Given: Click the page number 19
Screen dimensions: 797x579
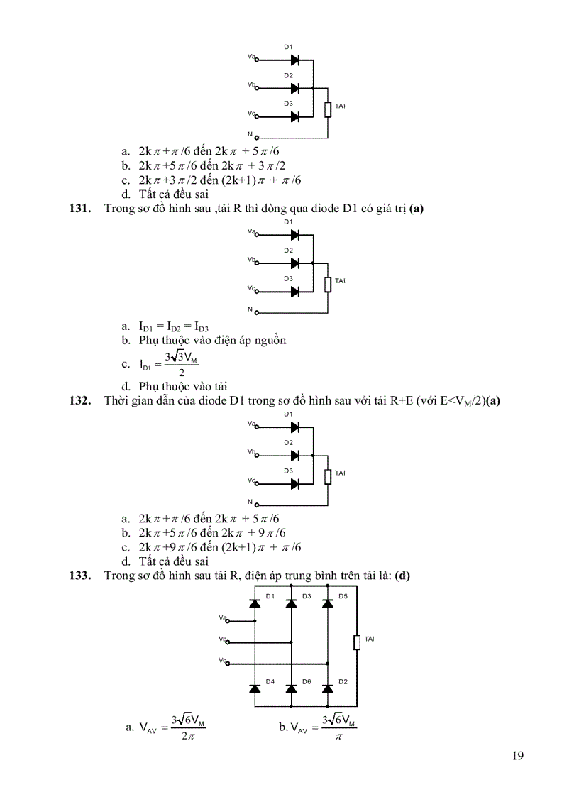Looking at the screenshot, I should (517, 755).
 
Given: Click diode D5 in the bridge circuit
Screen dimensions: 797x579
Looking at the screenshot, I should (327, 603).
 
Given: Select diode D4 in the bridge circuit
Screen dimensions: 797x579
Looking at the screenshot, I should (255, 688).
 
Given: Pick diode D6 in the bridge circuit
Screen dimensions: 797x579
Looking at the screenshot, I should (291, 688).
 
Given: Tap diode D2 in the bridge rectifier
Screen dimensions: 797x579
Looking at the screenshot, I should (327, 688).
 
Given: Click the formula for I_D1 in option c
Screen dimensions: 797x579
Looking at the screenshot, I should (170, 364).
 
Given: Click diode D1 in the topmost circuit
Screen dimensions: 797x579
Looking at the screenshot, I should (294, 60).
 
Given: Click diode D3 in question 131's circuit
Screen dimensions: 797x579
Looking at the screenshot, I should (294, 291).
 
